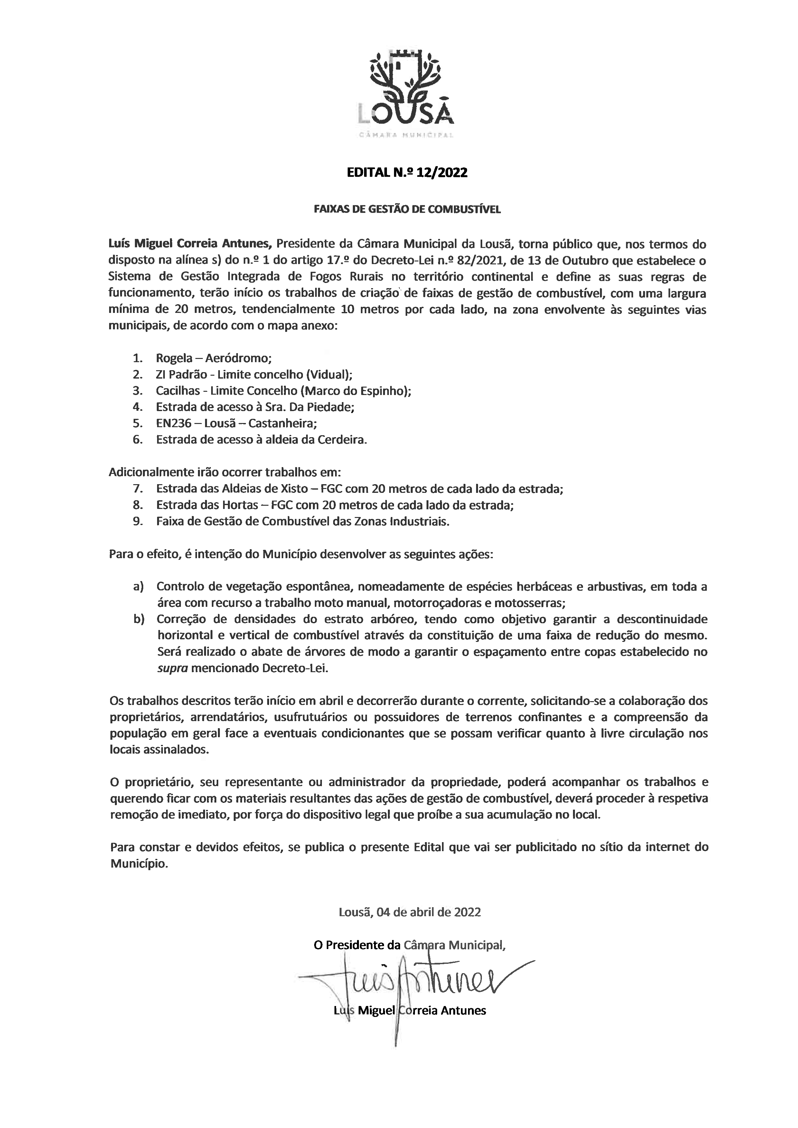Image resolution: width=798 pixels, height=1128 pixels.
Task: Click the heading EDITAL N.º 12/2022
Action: (x=407, y=173)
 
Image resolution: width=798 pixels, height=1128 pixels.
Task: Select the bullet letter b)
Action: (x=138, y=619)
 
